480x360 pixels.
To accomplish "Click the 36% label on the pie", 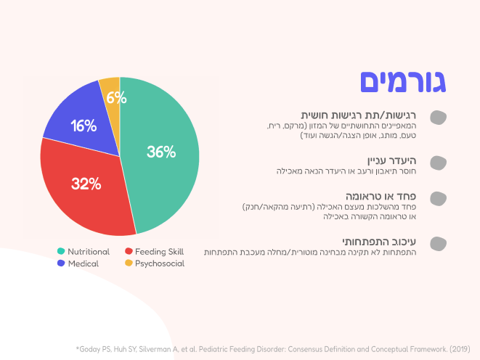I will point(160,152).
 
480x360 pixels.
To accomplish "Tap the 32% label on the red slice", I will point(86,184).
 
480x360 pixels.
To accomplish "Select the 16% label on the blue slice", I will point(84,126).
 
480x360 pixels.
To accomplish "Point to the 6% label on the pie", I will point(116,97).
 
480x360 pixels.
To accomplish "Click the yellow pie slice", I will point(109,86).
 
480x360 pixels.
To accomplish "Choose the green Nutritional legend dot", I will point(61,251).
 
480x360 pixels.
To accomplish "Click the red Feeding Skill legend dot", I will point(129,251).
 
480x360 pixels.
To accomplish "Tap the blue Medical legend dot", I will point(61,263).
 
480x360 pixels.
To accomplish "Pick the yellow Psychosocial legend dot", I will point(129,263).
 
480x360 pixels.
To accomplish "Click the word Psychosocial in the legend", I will point(160,263).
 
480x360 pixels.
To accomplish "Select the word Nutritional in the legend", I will point(89,251).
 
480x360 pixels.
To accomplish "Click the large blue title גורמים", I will point(403,81).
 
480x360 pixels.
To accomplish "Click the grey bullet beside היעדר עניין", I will point(437,163).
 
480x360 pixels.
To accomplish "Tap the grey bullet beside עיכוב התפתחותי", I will point(437,243).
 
